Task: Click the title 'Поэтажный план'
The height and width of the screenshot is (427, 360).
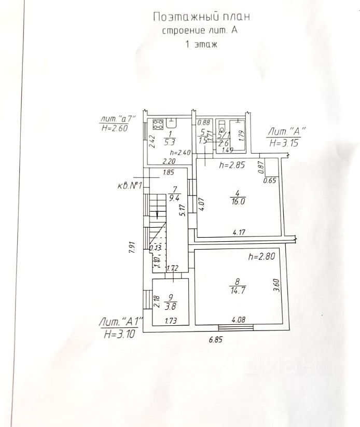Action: click(202, 17)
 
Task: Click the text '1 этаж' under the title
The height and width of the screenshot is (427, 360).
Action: click(201, 45)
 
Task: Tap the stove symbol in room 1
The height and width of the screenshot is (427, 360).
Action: click(158, 125)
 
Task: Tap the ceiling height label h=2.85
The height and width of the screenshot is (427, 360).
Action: click(232, 166)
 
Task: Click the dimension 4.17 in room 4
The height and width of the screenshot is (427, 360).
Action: click(240, 232)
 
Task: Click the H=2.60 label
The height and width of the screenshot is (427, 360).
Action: click(118, 128)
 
